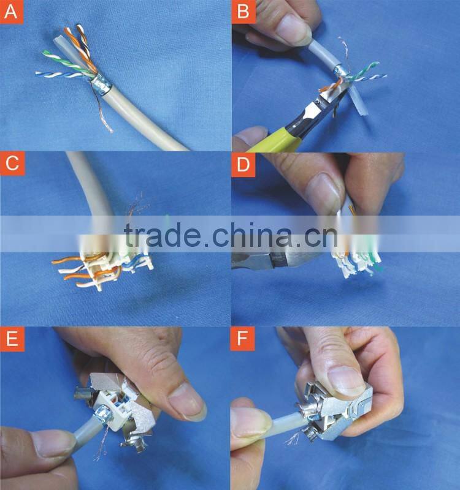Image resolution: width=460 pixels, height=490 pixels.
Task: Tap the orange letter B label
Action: (243, 12)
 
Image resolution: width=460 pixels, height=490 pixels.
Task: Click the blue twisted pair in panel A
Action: (61, 75)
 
